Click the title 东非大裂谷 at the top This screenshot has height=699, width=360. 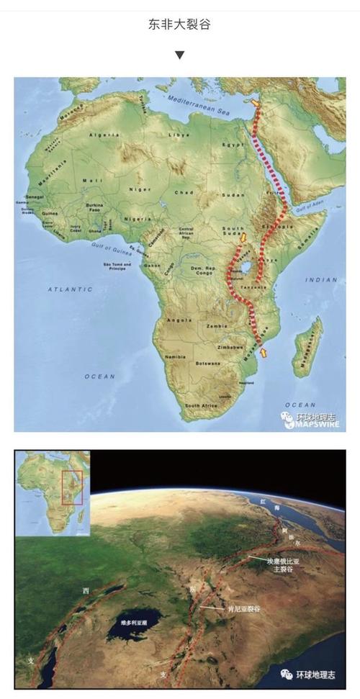(x=179, y=25)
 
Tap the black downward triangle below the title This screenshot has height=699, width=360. (x=179, y=55)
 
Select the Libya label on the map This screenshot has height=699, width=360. (x=179, y=135)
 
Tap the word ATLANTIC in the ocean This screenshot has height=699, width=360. (x=71, y=289)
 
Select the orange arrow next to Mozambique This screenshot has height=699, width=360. (x=265, y=351)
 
